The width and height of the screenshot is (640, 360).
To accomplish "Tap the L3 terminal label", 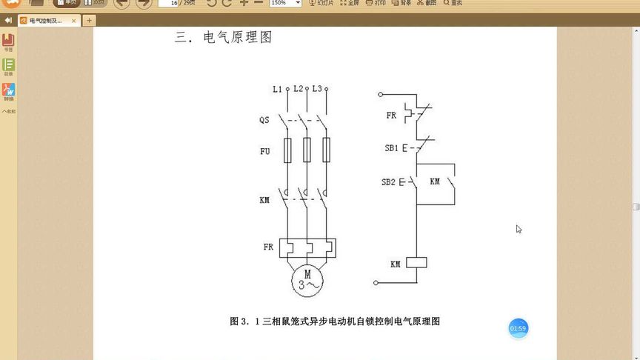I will (x=316, y=89).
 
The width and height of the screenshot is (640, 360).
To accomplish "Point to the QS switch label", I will (x=264, y=120).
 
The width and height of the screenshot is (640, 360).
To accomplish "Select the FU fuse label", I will (x=264, y=152).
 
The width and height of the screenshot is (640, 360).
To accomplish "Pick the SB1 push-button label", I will (x=391, y=148).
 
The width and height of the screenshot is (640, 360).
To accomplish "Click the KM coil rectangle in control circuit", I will (x=417, y=263).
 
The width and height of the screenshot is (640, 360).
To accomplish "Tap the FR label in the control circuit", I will (x=391, y=116).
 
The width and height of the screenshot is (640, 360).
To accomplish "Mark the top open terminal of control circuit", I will (x=380, y=95).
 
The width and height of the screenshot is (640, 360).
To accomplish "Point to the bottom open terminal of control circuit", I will (x=376, y=283).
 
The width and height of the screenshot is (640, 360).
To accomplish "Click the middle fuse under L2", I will (x=307, y=150).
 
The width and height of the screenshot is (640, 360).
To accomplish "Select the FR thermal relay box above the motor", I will (x=307, y=247).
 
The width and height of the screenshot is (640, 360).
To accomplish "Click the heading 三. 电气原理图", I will (x=223, y=37).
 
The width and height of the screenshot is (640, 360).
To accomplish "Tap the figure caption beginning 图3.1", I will (x=336, y=321).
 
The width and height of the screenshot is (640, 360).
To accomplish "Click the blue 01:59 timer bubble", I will (x=518, y=328).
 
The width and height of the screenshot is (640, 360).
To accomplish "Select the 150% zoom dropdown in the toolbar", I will (x=285, y=3).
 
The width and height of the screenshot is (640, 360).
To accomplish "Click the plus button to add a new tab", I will (x=90, y=20).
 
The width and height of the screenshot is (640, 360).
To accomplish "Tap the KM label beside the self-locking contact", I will (x=435, y=181).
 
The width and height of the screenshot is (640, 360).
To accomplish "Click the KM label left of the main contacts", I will (x=264, y=201).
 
